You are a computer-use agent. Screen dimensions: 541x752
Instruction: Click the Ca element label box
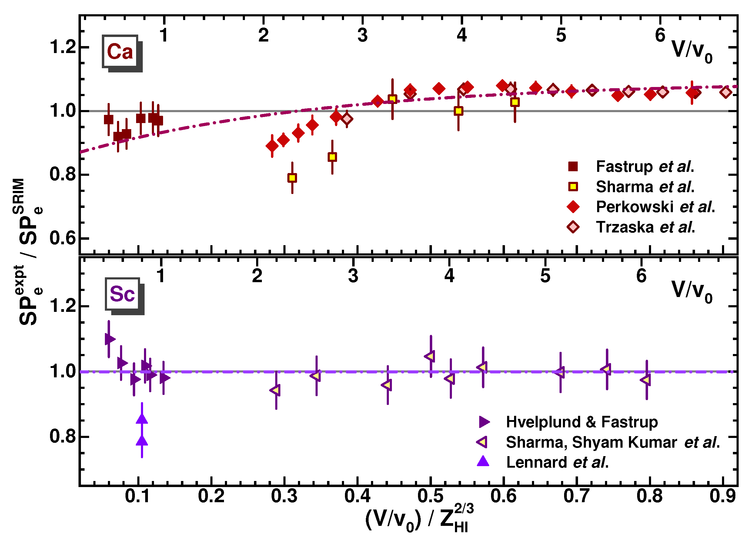tap(120, 52)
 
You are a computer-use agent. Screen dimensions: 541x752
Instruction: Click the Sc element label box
tap(122, 294)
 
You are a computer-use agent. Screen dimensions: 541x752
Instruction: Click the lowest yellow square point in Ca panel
tap(292, 178)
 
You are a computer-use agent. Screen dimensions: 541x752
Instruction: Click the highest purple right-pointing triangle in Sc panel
tap(110, 339)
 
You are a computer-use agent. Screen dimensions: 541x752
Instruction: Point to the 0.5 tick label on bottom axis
tap(430, 496)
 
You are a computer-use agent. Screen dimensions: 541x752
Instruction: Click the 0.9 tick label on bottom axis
tap(723, 496)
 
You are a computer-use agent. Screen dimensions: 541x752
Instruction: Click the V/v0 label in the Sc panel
tap(692, 291)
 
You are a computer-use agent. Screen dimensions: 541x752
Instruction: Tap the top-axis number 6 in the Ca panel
tap(660, 35)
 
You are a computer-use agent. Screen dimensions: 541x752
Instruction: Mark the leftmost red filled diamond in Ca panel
tap(272, 146)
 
